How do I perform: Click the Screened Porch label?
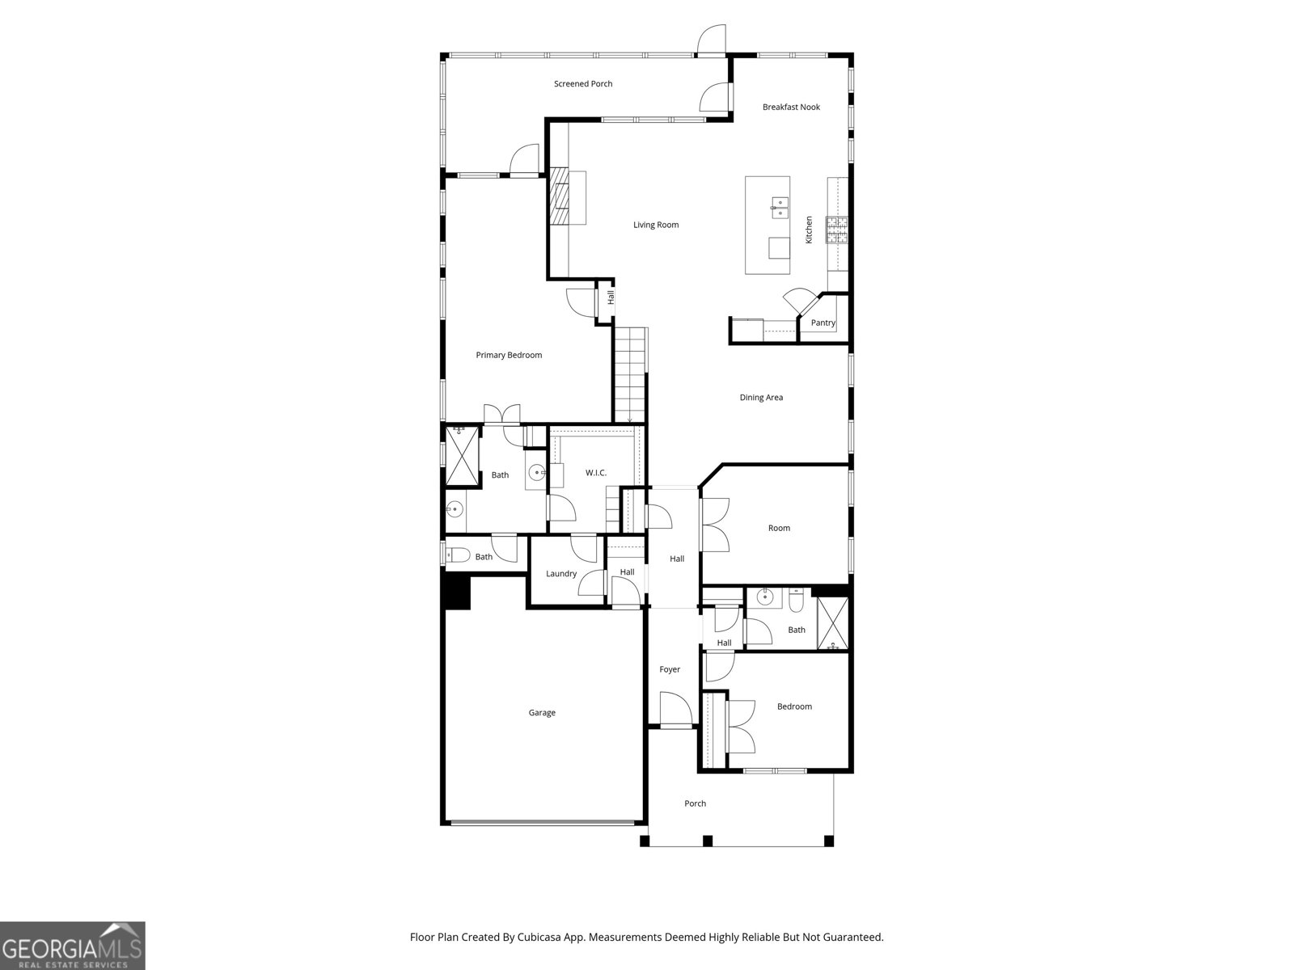582,84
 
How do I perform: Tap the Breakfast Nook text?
791,108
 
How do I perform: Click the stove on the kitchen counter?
837,230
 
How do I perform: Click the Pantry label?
822,323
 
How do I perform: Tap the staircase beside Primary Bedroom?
631,374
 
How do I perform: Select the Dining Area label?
761,398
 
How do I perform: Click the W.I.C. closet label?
596,473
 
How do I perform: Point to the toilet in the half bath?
459,555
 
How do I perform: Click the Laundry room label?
561,574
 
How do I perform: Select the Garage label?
542,713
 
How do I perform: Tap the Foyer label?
670,669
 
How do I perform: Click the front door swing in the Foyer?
675,710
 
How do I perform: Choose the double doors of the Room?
715,525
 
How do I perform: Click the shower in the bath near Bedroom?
832,623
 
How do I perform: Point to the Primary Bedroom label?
509,355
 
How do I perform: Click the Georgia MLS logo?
73,946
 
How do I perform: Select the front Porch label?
695,803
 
